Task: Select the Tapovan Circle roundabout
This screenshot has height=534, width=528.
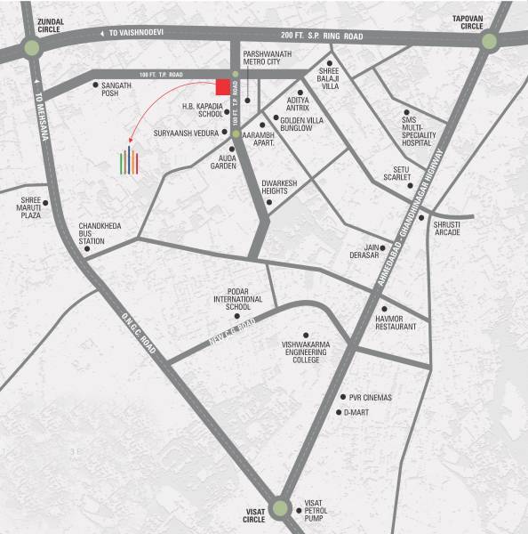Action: [489, 42]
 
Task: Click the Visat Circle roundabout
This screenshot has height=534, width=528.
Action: [281, 507]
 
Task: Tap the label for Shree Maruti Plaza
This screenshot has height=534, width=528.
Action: [25, 209]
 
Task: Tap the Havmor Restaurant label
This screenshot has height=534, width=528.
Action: [390, 322]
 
